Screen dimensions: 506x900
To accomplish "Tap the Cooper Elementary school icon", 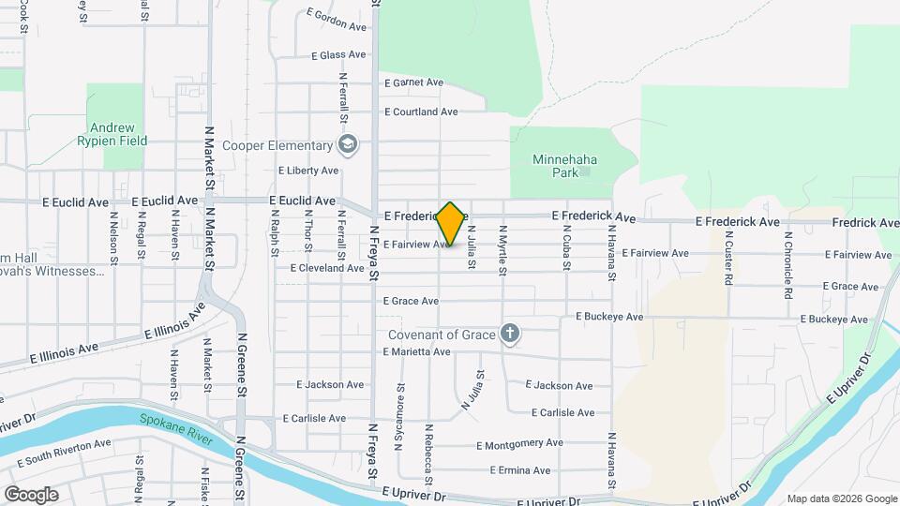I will pos(348,144).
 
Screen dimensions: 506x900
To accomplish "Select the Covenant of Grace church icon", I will pos(510,334).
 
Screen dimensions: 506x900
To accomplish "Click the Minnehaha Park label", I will pos(564,166).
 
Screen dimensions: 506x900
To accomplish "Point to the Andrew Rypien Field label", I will pos(119,134).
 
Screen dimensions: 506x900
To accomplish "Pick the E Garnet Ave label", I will pos(413,82).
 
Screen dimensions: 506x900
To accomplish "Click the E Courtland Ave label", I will pos(421,112).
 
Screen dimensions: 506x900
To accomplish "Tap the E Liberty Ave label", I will pos(308,171).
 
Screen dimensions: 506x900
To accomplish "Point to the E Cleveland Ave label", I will pos(326,268).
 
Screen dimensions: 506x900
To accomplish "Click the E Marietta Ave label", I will pos(416,351).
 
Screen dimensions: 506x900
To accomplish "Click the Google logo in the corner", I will pos(31,495).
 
